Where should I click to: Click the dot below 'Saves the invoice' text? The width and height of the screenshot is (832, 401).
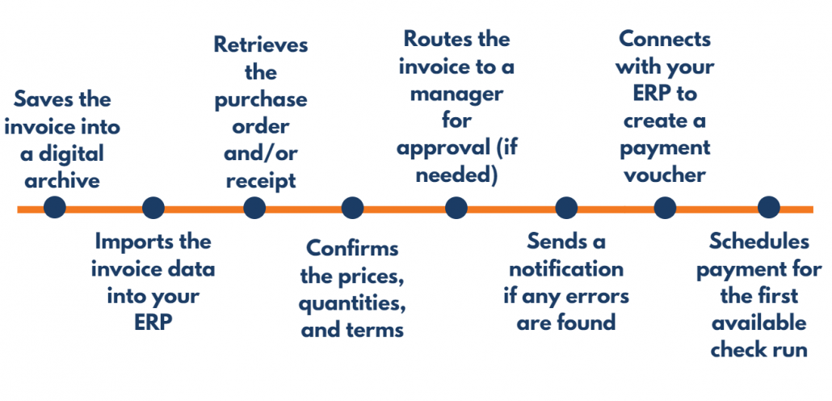[54, 208]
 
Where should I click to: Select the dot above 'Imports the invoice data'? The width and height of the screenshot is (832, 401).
[153, 208]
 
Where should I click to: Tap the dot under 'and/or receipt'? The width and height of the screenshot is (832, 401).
[254, 208]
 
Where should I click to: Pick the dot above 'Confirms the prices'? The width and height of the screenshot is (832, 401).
[352, 208]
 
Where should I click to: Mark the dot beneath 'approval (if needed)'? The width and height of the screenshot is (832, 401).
[456, 208]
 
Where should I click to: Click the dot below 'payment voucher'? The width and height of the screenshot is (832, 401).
[664, 208]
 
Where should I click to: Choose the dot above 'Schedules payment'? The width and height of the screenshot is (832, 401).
[768, 208]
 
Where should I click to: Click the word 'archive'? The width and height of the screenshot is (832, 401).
[62, 179]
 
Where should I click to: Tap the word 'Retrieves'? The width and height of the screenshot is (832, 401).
[260, 44]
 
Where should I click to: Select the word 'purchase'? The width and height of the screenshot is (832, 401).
[260, 99]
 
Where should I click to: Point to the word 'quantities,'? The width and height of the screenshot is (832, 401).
[351, 303]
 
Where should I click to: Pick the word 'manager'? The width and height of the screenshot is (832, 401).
[456, 93]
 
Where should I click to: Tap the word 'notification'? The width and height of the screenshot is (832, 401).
[566, 268]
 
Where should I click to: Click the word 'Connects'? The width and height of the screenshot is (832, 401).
[664, 38]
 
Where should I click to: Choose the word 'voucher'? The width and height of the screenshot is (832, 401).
[664, 175]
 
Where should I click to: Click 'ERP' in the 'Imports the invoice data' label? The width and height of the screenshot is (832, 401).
[153, 323]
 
